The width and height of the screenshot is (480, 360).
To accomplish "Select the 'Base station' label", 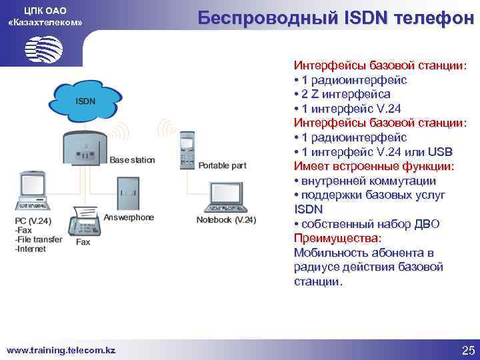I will click(x=132, y=160).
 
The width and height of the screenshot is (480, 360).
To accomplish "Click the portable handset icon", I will click(x=185, y=149).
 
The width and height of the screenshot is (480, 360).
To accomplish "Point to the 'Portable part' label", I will click(x=222, y=165).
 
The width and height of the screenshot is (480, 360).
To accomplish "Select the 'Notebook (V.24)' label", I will click(x=226, y=220).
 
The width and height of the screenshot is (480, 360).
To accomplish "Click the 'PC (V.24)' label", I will click(x=33, y=221).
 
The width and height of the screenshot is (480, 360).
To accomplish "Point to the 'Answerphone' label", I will click(x=129, y=217).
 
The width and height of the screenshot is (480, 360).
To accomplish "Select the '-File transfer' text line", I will click(x=38, y=239).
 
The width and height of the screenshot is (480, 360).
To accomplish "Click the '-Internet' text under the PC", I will click(x=31, y=249).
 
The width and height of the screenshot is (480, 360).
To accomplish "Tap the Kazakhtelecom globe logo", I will click(x=43, y=48).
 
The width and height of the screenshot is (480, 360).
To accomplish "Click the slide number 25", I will click(x=467, y=351).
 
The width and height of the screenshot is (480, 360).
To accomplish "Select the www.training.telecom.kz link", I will click(x=61, y=350).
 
